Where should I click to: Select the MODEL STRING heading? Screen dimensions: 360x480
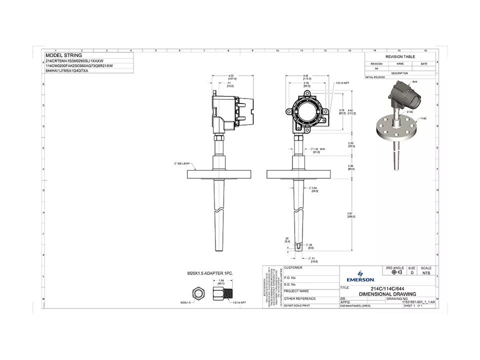(x=63, y=55)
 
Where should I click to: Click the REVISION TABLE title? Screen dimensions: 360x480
(x=399, y=57)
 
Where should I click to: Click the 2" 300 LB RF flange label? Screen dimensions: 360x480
(x=177, y=163)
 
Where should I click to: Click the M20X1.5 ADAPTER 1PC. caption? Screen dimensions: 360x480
(x=210, y=274)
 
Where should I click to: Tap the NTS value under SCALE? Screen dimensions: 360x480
(x=426, y=273)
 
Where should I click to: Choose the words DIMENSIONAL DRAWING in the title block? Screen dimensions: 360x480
(x=387, y=294)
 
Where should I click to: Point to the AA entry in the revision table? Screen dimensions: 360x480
(x=376, y=68)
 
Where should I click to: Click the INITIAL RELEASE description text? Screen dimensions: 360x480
(x=375, y=77)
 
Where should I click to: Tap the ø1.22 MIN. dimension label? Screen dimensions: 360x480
(x=318, y=150)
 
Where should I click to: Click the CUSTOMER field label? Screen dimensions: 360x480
(x=293, y=268)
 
